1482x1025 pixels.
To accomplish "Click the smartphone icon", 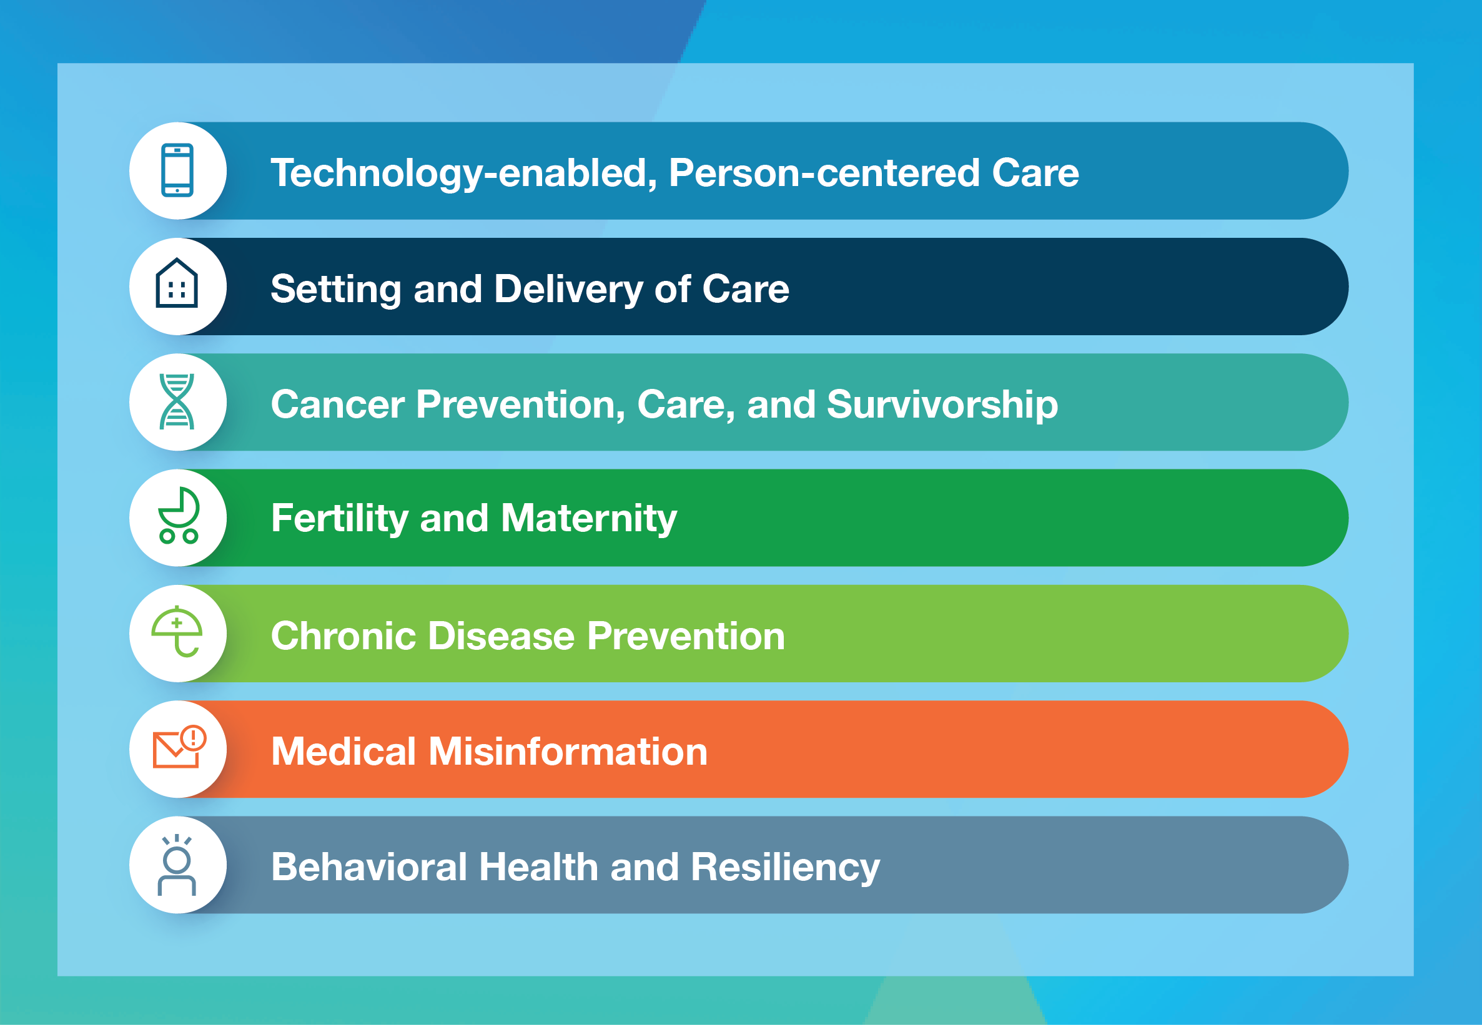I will click(x=177, y=170).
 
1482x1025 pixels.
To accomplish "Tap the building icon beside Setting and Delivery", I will click(x=177, y=284).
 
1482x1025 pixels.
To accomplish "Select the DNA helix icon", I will click(x=177, y=401).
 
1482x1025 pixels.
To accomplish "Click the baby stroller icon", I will click(x=179, y=516).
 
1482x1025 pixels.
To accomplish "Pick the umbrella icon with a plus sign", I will click(x=177, y=631).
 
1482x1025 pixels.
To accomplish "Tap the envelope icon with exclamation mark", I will click(x=177, y=748).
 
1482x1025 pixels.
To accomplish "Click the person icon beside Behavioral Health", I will click(x=177, y=865).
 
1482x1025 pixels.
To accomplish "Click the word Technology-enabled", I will click(x=463, y=174).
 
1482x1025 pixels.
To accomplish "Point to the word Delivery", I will click(x=568, y=289).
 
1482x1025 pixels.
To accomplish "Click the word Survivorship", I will click(x=942, y=405).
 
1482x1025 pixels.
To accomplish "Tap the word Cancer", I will click(x=338, y=405).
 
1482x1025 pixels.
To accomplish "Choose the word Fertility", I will click(x=340, y=518).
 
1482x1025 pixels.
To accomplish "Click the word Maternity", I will click(x=588, y=518).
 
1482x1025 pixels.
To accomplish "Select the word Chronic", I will click(x=343, y=636).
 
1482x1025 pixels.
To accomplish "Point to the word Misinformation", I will click(x=568, y=752).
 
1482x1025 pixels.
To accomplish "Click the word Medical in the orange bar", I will click(x=343, y=752).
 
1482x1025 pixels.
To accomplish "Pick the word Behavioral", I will click(x=368, y=867).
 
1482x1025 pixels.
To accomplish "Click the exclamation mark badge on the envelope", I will click(x=194, y=738).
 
